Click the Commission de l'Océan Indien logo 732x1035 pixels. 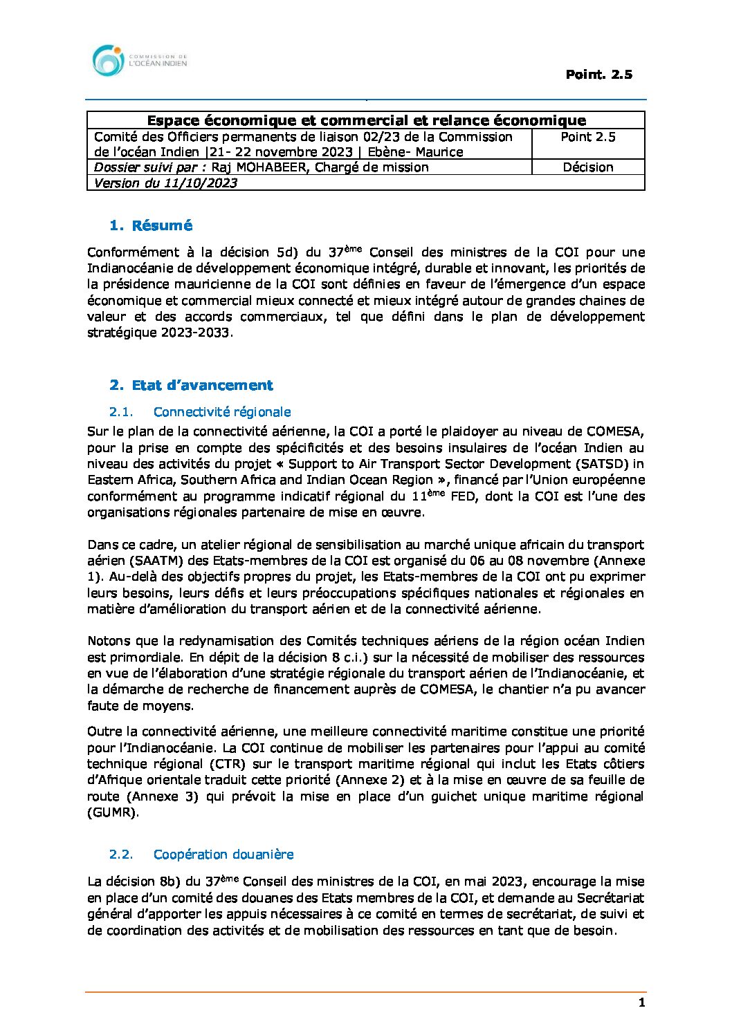[139, 61]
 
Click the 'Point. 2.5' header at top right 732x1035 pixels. [598, 75]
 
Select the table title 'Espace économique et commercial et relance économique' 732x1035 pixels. [366, 121]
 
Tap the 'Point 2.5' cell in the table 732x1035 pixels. [587, 137]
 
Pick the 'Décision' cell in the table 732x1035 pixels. [587, 167]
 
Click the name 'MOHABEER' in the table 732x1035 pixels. [271, 167]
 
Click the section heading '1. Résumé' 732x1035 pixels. [151, 225]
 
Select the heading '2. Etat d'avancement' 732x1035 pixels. [191, 385]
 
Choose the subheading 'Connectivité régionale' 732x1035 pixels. [221, 412]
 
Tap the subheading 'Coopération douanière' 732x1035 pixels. [223, 855]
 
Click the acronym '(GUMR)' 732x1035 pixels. [113, 812]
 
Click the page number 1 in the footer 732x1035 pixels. [641, 1003]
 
